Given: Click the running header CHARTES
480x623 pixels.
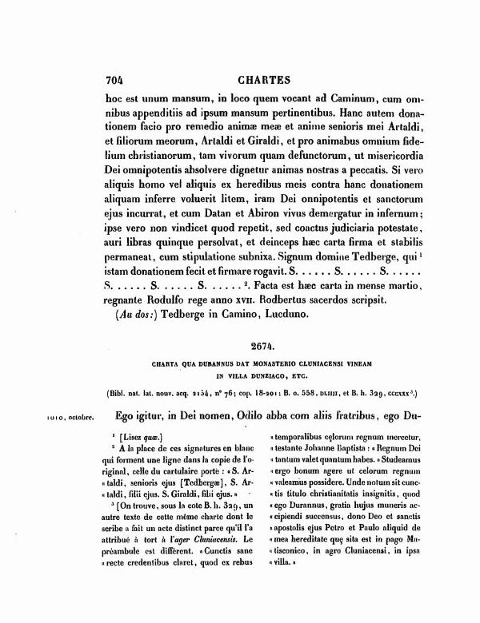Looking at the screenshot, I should [265, 80].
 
